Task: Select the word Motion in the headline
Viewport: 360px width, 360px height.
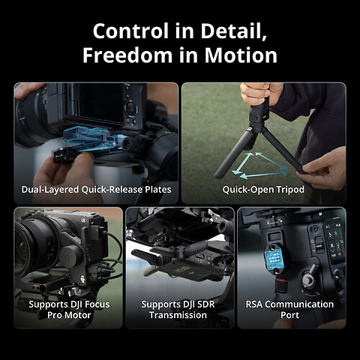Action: coord(241,55)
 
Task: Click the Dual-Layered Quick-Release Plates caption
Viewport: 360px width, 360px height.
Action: coord(96,190)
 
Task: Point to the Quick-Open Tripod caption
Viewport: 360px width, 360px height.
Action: coord(263,190)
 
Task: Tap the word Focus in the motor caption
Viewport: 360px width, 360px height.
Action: coord(91,304)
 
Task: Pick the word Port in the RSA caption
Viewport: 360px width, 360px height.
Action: coord(289,316)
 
